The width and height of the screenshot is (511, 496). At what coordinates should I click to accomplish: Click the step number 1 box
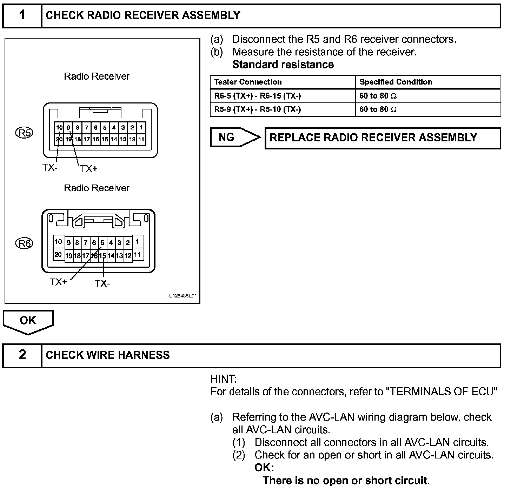[22, 15]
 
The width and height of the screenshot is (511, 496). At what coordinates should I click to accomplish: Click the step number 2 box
[22, 355]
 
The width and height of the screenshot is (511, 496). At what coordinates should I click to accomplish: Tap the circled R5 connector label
[25, 133]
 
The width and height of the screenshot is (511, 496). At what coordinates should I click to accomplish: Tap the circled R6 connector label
[25, 243]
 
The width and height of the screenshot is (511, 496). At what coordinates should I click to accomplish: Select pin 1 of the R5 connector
[141, 128]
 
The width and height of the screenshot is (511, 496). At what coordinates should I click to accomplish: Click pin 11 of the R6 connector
[138, 255]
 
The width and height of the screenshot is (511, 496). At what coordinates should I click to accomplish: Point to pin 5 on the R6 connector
[102, 242]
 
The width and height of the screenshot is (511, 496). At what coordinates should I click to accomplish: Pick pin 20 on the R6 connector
[58, 255]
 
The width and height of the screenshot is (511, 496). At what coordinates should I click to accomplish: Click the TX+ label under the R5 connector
[88, 169]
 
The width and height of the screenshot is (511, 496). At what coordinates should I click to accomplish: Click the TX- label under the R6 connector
[102, 283]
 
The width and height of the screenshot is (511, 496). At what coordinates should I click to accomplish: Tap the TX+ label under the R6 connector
[58, 282]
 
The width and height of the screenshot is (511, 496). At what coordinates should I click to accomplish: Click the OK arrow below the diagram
[28, 321]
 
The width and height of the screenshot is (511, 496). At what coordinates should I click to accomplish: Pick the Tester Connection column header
[248, 82]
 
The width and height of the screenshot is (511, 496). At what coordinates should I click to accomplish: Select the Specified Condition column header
[396, 82]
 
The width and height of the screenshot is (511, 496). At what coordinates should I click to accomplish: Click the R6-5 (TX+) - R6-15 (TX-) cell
[258, 96]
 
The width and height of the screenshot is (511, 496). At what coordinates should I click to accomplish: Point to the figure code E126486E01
[183, 296]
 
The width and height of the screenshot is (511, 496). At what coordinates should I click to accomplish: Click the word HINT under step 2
[223, 379]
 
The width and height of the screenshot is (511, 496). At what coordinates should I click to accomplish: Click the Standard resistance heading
[283, 65]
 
